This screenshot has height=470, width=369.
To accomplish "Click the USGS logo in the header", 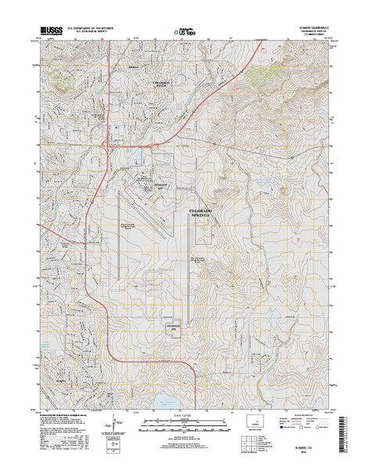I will (x=47, y=30).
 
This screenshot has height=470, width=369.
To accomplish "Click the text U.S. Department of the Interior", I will (x=102, y=26).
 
